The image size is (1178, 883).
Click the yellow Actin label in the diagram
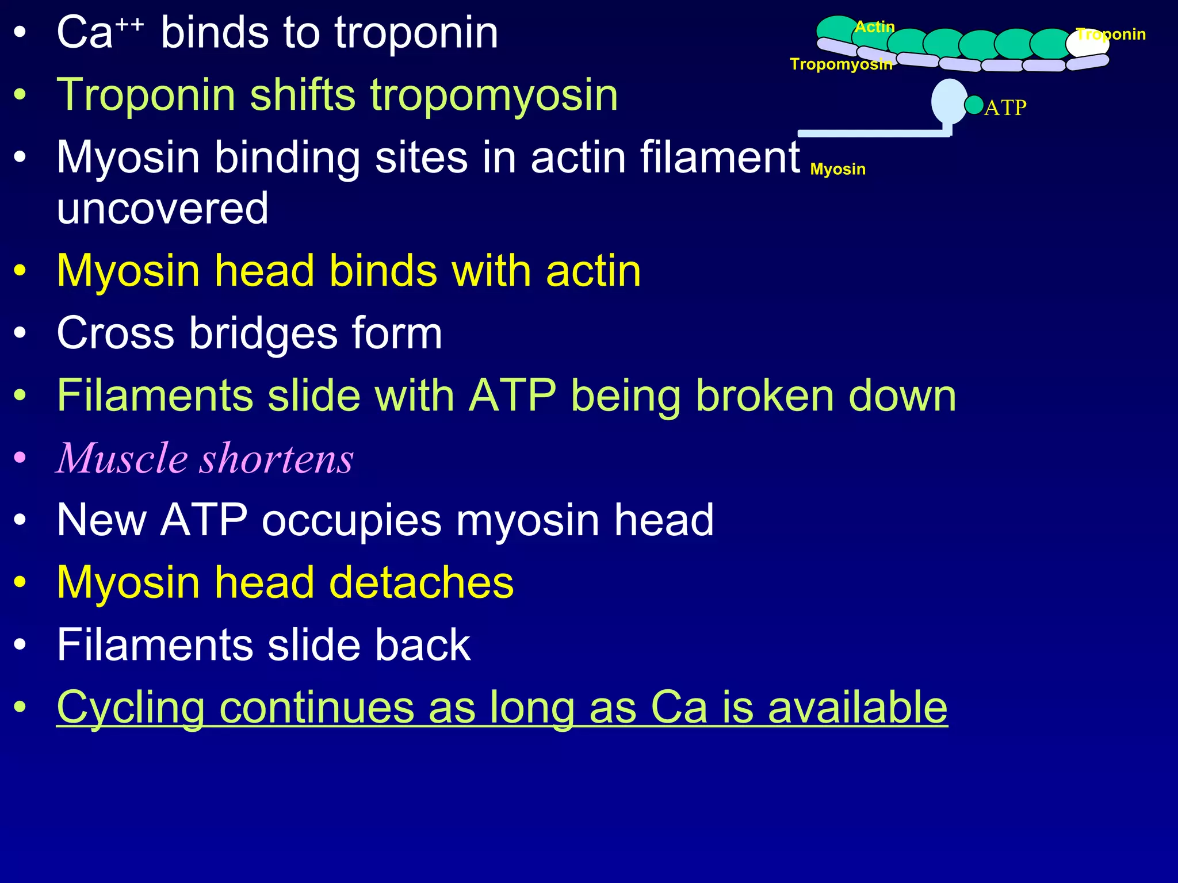pyautogui.click(x=874, y=27)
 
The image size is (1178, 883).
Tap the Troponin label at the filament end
pyautogui.click(x=1111, y=34)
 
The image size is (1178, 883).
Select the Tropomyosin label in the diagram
pyautogui.click(x=840, y=64)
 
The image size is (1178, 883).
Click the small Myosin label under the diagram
pyautogui.click(x=837, y=169)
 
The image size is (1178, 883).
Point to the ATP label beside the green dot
pyautogui.click(x=1005, y=108)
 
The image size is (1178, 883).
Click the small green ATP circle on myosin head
pyautogui.click(x=974, y=105)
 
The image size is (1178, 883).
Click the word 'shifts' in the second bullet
pyautogui.click(x=303, y=95)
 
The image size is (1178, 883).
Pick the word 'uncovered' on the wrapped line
pyautogui.click(x=163, y=208)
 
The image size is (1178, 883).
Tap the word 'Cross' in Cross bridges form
pyautogui.click(x=115, y=333)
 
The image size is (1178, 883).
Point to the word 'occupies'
pyautogui.click(x=351, y=520)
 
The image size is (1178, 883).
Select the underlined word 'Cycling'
pyautogui.click(x=131, y=708)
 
